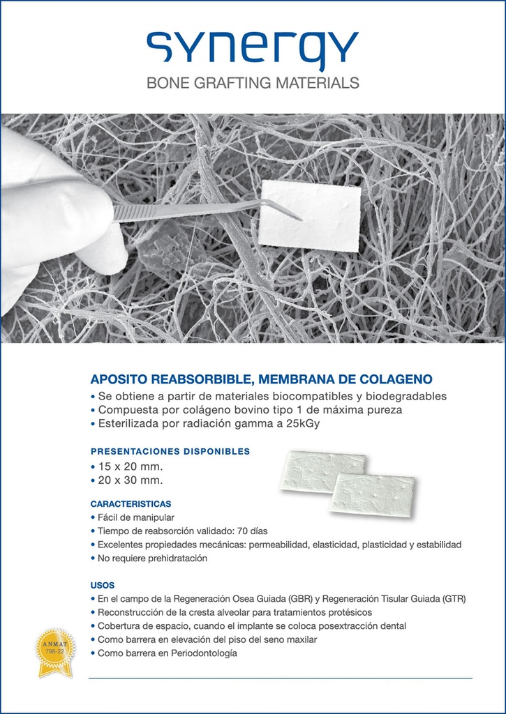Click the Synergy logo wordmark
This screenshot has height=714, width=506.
253,49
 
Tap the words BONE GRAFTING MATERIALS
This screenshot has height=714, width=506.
253,83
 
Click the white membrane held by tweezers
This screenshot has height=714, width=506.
310,215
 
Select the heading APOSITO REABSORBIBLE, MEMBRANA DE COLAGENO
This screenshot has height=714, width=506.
261,380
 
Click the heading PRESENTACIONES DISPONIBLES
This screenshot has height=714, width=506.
170,451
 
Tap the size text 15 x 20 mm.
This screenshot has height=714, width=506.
130,466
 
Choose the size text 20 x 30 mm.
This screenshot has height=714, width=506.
130,480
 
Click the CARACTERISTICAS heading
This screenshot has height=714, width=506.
131,503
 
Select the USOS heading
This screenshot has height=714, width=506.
103,584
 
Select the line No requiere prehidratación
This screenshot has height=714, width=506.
152,559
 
